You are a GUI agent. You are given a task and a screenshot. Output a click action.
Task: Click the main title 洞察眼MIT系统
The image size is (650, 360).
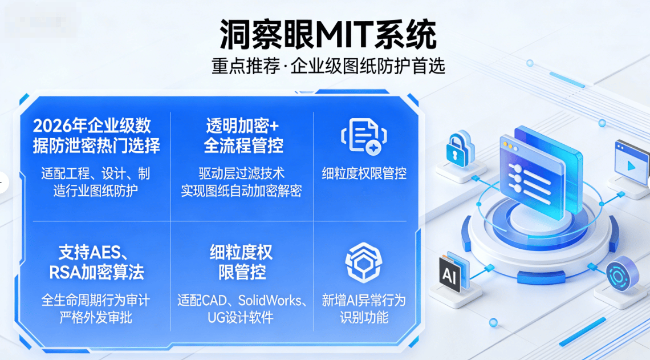pyautogui.click(x=327, y=34)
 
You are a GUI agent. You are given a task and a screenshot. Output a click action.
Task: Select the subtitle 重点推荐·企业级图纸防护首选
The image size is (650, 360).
pyautogui.click(x=328, y=66)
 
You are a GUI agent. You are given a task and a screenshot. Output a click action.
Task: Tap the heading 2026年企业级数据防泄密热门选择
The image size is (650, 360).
pyautogui.click(x=96, y=135)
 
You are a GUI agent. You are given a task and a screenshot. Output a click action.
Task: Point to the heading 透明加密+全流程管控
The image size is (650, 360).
pyautogui.click(x=243, y=135)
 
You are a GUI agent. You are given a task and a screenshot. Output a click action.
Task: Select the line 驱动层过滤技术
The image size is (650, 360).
pyautogui.click(x=241, y=173)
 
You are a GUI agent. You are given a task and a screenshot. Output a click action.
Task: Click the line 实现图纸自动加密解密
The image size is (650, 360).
pyautogui.click(x=241, y=191)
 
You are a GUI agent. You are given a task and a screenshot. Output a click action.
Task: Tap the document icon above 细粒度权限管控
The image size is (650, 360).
pyautogui.click(x=364, y=136)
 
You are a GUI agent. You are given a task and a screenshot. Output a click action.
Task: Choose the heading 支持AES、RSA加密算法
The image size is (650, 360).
pyautogui.click(x=96, y=262)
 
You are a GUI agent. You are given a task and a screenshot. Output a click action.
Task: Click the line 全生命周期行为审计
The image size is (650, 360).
pyautogui.click(x=95, y=300)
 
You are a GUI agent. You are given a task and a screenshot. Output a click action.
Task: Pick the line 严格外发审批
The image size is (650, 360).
pyautogui.click(x=95, y=317)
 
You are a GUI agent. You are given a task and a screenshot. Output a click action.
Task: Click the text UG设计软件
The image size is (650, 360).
pyautogui.click(x=241, y=317)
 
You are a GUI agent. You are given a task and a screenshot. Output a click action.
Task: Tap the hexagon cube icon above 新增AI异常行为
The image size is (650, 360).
pyautogui.click(x=364, y=262)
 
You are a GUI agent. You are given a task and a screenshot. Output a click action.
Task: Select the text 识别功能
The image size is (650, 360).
pyautogui.click(x=364, y=317)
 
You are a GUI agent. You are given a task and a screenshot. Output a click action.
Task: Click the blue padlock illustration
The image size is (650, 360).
pyautogui.click(x=460, y=149)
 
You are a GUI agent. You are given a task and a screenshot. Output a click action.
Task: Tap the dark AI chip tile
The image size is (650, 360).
pyautogui.click(x=450, y=274)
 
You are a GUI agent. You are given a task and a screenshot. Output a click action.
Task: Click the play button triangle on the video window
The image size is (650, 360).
pyautogui.click(x=631, y=167)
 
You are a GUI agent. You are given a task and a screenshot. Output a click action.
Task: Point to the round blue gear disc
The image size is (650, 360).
pyautogui.click(x=622, y=273)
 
